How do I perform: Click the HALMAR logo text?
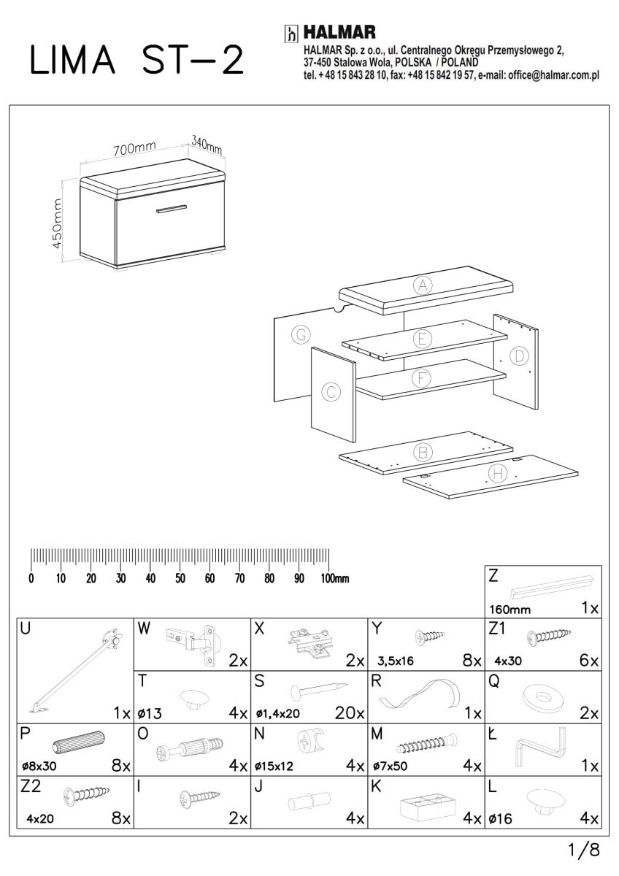coord(339,33)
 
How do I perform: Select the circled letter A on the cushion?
coord(422,285)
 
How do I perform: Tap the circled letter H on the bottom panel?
coord(498,474)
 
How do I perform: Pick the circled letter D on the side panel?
coord(519,356)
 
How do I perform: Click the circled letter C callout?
coord(331,393)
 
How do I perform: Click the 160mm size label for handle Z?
coord(510,608)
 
